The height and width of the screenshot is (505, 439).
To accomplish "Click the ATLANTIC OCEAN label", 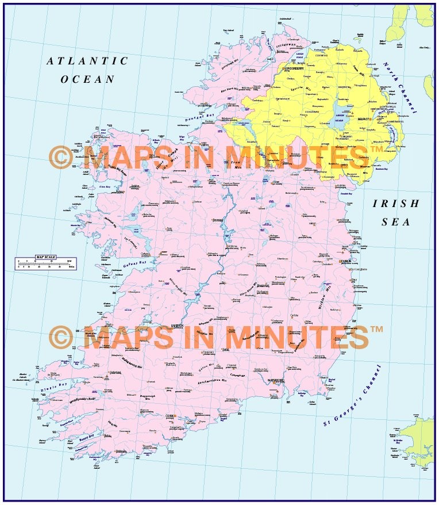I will click(x=87, y=70).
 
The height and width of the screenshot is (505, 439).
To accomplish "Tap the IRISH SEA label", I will click(x=396, y=212).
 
